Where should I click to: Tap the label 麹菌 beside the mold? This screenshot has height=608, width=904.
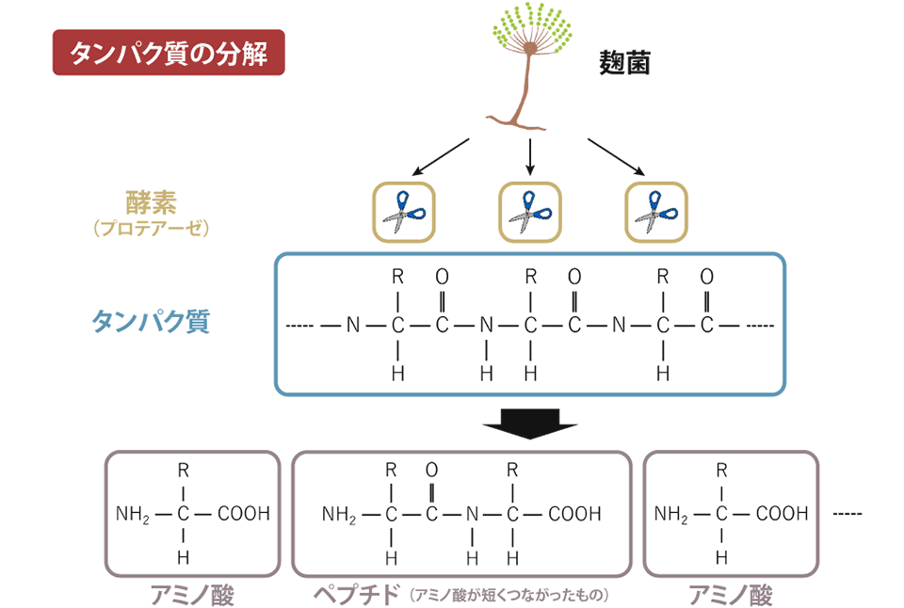point(625,62)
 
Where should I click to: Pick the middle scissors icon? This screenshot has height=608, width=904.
point(529,212)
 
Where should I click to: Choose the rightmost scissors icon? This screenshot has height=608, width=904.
point(656,212)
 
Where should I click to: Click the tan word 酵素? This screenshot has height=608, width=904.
point(151,201)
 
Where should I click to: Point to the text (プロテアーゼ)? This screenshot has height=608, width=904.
point(151,229)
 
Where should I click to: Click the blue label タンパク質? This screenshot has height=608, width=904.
point(151,322)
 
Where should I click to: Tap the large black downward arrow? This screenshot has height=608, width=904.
point(529,425)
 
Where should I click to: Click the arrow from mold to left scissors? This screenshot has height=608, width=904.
point(441,156)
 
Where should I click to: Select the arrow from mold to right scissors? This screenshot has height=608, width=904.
point(617,156)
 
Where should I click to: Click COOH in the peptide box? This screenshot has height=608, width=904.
point(573,514)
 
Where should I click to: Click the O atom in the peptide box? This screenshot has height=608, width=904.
point(431,469)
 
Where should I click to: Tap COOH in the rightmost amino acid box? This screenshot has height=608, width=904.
point(782,514)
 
